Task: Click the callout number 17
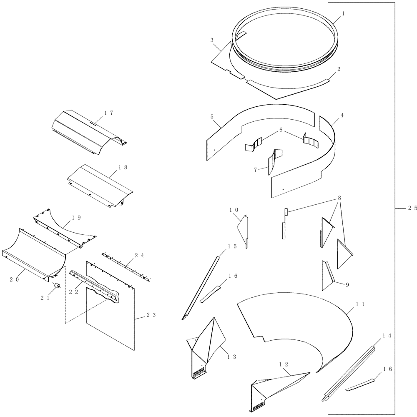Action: [x=109, y=113]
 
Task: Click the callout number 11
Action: [x=360, y=305]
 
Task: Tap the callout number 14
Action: [x=387, y=335]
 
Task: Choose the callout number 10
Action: [x=234, y=210]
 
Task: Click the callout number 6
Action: [x=281, y=130]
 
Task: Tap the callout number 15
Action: [x=232, y=246]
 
